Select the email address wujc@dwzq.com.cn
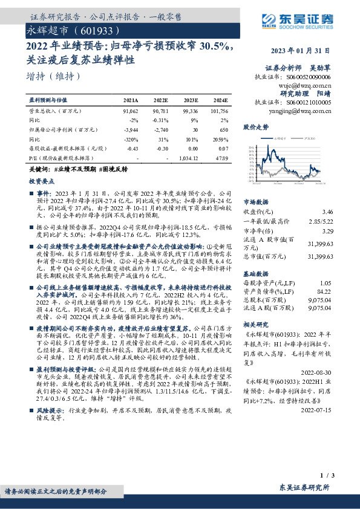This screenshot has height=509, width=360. click(x=305, y=86)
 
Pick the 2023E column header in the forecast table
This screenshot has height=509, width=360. click(x=189, y=101)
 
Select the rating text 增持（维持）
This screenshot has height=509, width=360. click(x=54, y=76)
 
